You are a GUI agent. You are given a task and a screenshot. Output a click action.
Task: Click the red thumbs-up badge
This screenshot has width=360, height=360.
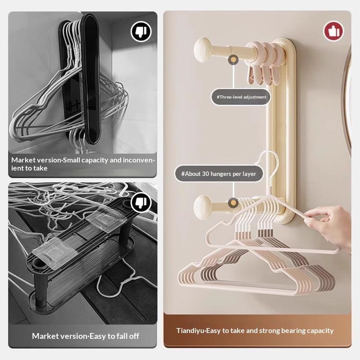click(333, 31)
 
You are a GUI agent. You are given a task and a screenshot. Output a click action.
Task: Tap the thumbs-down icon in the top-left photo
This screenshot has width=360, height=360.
click(141, 31)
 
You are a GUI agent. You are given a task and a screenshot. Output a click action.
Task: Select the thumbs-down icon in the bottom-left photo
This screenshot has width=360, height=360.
click(141, 202)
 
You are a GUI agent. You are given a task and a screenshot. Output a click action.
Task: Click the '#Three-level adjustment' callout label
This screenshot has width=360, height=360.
click(241, 97)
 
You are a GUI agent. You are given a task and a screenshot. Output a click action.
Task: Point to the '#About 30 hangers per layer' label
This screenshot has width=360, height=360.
click(219, 174)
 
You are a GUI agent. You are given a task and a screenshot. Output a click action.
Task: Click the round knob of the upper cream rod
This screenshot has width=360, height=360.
click(202, 50)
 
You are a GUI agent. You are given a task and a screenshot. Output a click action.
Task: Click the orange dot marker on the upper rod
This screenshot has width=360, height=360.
click(233, 60)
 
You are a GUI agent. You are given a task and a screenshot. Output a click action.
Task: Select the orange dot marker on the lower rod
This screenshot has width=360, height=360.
click(233, 203)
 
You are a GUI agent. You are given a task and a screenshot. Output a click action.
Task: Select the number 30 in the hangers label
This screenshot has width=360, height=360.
click(206, 174)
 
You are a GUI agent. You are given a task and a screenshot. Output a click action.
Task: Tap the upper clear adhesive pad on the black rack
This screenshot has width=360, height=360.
click(106, 218)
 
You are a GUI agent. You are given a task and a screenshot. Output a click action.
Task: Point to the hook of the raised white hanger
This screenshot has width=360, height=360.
click(271, 161)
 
